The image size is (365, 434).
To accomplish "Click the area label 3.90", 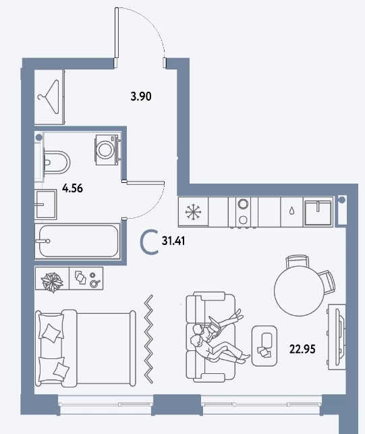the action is pyautogui.click(x=141, y=97).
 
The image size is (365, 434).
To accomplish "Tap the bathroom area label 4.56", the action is pyautogui.click(x=72, y=188).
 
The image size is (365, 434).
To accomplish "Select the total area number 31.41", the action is pyautogui.click(x=173, y=241).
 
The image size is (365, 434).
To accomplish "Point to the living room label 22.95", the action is pyautogui.click(x=302, y=349).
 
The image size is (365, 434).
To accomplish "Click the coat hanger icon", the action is pyautogui.click(x=49, y=97).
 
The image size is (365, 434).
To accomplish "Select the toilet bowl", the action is pyautogui.click(x=57, y=162).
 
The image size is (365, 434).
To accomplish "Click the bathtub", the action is pyautogui.click(x=77, y=241).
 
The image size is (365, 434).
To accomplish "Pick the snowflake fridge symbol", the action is pyautogui.click(x=194, y=213).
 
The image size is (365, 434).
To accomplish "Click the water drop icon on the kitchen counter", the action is pyautogui.click(x=291, y=211).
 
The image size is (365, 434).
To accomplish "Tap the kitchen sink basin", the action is pyautogui.click(x=318, y=213).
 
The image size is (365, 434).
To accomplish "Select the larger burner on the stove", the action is pyautogui.click(x=243, y=204).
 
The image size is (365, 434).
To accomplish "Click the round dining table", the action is pyautogui.click(x=299, y=291).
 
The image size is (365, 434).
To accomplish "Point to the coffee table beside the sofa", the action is pyautogui.click(x=264, y=346).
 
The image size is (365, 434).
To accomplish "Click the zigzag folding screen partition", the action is pyautogui.click(x=149, y=339).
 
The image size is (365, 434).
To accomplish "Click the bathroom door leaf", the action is pyautogui.click(x=144, y=182).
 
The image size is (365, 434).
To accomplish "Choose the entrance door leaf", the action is pyautogui.click(x=117, y=36).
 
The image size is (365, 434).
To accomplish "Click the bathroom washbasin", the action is pyautogui.click(x=46, y=205).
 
